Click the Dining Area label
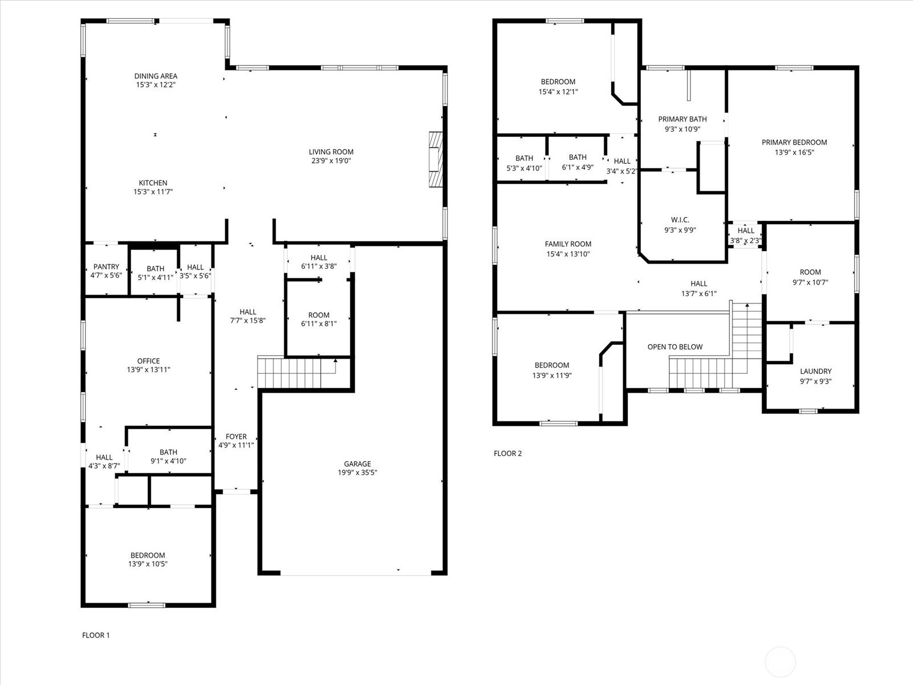coord(156,76)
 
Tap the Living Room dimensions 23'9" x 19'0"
coord(331,161)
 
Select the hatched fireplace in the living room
coord(436,159)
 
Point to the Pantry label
coord(106,267)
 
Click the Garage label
coord(357,464)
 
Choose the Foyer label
coord(236,436)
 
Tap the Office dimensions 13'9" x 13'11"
coord(148,370)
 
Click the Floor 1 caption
coord(96,635)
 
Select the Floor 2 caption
coord(507,453)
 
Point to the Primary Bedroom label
coord(794,142)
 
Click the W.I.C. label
coord(680,220)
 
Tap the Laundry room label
coord(815,372)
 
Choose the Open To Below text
coord(675,347)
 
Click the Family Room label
coord(568,244)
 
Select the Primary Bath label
coord(682,119)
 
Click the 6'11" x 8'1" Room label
coord(319,315)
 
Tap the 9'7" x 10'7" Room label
coord(810,272)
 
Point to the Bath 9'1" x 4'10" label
coord(168,452)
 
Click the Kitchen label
coord(153,183)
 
